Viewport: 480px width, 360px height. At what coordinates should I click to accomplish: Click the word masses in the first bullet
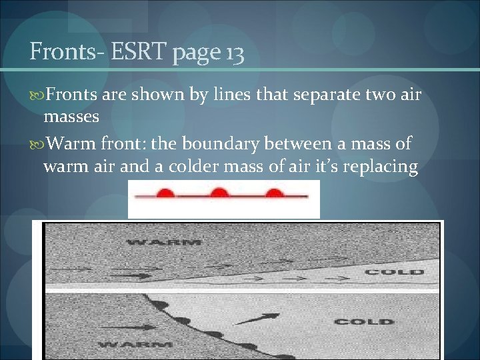(x=71, y=117)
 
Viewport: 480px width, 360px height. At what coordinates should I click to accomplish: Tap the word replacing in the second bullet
(x=379, y=166)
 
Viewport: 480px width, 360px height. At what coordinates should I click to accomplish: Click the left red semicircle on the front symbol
(x=166, y=193)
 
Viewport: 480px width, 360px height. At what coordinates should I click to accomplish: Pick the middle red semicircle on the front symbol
(x=219, y=193)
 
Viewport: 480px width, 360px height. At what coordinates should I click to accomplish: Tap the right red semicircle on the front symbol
(x=273, y=193)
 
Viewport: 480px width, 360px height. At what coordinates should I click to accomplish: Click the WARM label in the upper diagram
(x=163, y=241)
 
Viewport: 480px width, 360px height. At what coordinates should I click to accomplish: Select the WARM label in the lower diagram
(x=135, y=345)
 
